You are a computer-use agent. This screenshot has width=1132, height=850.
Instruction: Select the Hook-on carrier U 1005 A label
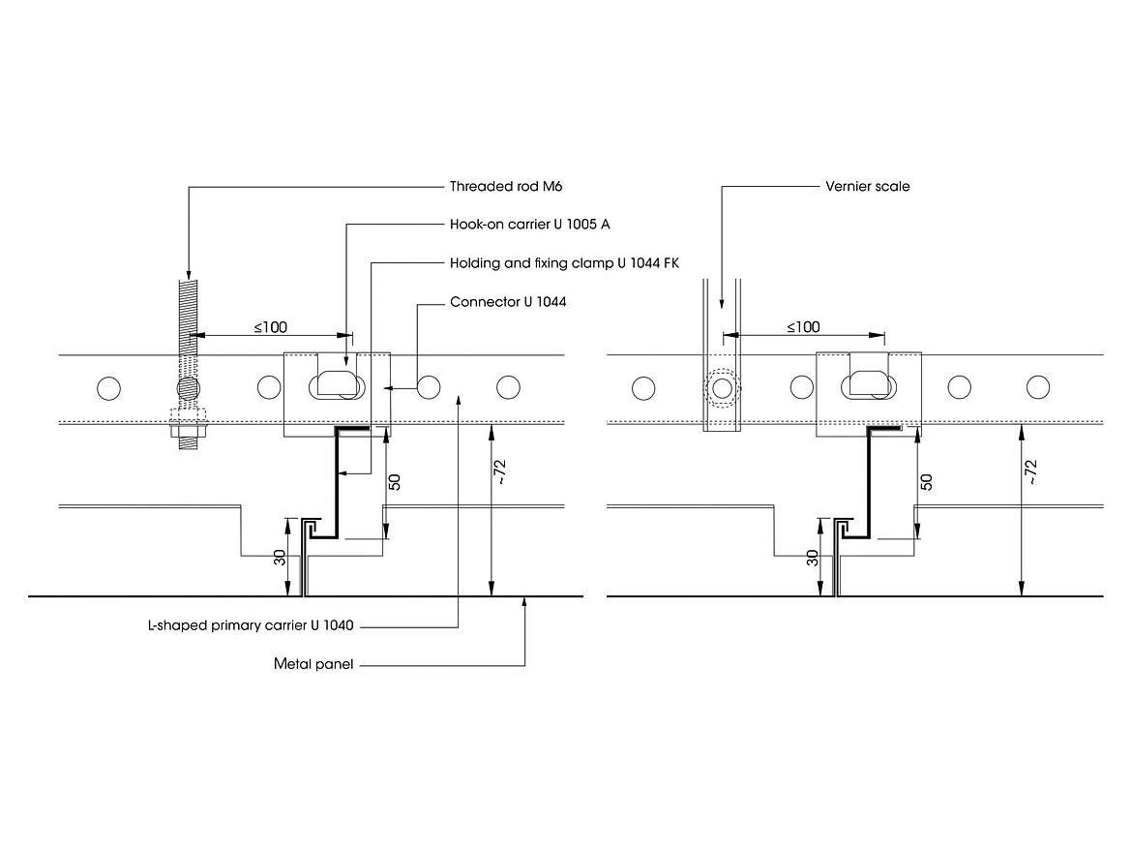click(x=529, y=225)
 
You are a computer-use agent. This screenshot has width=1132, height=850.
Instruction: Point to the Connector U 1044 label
click(x=508, y=302)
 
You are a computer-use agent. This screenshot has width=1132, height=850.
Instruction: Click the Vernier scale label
click(x=867, y=187)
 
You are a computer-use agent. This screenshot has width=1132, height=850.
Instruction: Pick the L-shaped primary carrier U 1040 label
click(x=247, y=626)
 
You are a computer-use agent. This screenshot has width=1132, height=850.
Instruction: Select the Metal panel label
click(x=313, y=665)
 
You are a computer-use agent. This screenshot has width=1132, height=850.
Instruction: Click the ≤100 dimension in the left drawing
click(x=271, y=327)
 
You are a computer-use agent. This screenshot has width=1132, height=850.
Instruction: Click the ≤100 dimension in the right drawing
click(x=803, y=327)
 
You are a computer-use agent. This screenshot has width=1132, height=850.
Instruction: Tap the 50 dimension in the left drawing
click(x=395, y=481)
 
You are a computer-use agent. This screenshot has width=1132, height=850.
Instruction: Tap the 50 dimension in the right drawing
click(x=926, y=481)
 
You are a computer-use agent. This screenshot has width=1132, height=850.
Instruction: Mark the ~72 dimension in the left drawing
click(x=501, y=471)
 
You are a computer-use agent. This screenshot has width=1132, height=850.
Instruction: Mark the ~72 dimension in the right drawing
click(x=1031, y=471)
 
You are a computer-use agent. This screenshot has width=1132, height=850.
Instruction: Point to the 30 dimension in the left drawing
click(x=280, y=559)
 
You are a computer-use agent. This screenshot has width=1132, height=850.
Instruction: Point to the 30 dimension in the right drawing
click(x=813, y=559)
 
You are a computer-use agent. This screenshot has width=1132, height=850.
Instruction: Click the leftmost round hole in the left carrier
click(x=109, y=388)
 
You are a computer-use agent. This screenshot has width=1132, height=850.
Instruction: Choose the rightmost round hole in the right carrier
click(x=1037, y=387)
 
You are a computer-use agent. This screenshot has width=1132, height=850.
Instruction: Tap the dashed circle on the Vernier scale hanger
click(x=721, y=388)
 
